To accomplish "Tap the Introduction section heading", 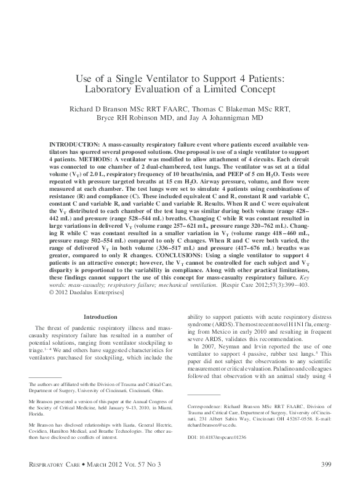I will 100,317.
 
